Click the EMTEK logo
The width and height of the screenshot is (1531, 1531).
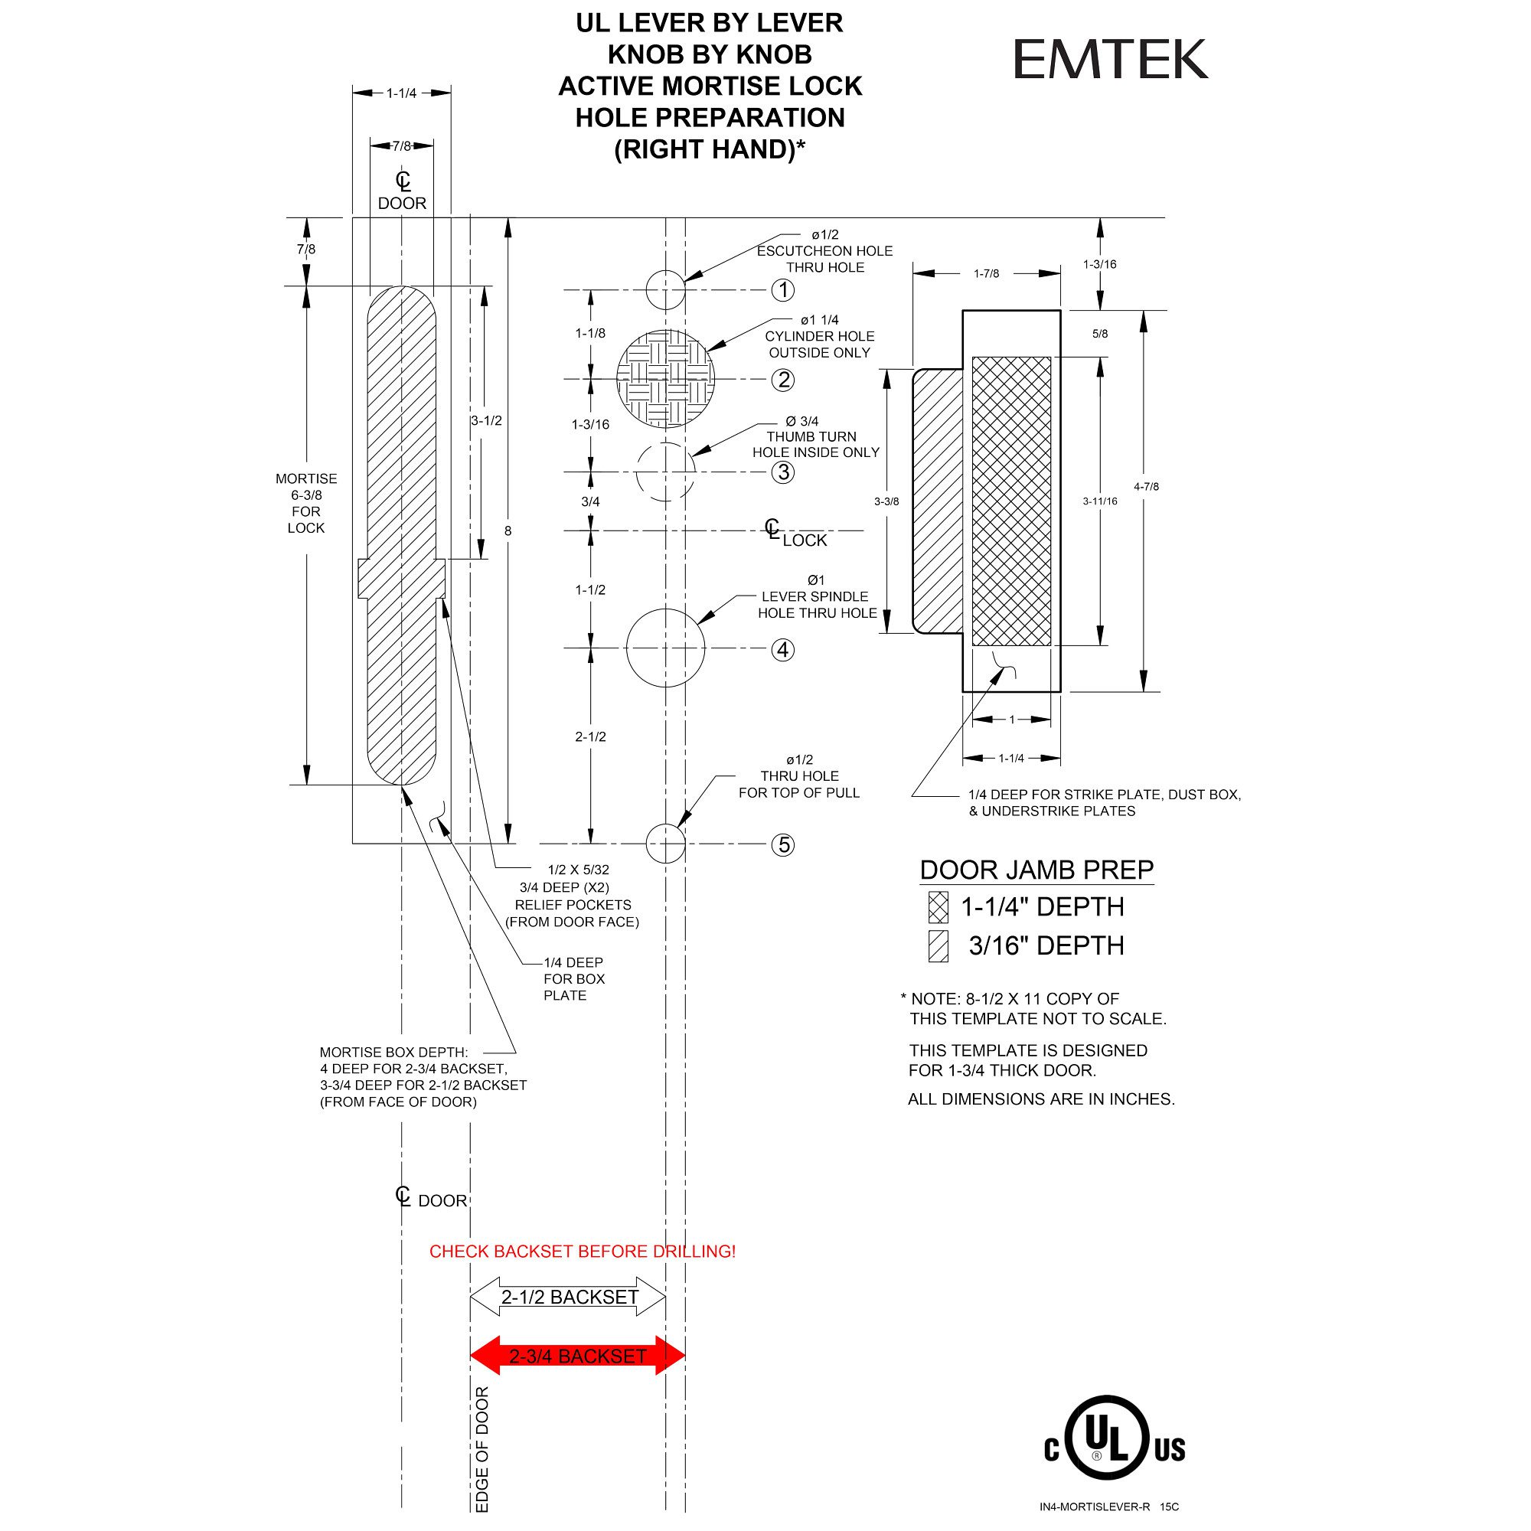1110,60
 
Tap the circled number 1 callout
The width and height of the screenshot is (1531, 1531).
783,290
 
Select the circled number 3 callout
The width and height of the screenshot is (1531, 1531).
783,472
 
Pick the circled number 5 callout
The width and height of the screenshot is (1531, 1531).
784,845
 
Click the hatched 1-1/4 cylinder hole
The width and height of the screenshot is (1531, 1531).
666,379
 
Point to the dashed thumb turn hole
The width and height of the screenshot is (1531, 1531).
666,472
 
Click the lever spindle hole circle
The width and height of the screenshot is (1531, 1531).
666,648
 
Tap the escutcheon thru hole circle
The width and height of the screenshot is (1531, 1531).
666,290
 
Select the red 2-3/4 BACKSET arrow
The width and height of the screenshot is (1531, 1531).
578,1356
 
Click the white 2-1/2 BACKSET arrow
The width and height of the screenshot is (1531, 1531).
568,1298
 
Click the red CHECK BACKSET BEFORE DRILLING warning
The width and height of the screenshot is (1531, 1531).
583,1252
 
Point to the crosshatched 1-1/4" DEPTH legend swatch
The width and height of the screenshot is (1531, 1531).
939,907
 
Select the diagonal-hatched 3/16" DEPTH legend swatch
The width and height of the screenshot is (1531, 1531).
939,946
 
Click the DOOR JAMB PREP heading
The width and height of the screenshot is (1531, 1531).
1036,870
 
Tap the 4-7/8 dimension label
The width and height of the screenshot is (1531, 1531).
1146,487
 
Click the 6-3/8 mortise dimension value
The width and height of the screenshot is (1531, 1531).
306,495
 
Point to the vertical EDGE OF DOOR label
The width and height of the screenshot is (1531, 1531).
481,1449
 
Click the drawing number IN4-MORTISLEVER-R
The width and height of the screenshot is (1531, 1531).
1095,1507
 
